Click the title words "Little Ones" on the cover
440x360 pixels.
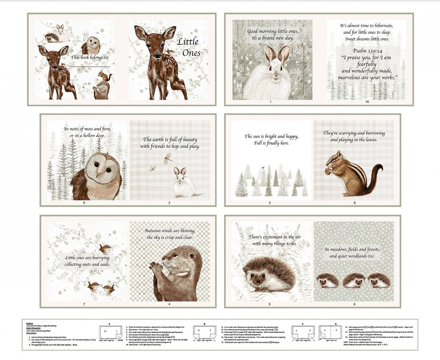coord(189,47)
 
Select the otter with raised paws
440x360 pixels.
coord(176,273)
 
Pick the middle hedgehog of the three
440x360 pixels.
coord(354,280)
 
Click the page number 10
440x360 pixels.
coord(367,102)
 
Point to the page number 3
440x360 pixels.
coord(269,203)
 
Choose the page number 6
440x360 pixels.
coord(354,304)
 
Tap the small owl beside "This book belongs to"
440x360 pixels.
coord(91,45)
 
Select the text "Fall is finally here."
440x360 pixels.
coord(271,144)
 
